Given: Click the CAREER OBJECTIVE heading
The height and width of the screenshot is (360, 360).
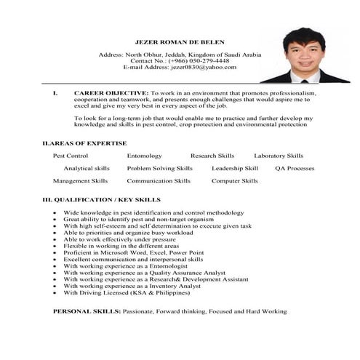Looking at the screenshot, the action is tap(111, 94).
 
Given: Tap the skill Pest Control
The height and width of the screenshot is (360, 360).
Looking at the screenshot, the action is tap(71, 156).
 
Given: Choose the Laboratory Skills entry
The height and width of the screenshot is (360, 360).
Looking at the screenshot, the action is tap(279, 156).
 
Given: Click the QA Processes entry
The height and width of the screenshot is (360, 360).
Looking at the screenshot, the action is tap(295, 168).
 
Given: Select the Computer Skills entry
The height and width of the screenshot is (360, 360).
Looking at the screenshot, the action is tap(234, 180).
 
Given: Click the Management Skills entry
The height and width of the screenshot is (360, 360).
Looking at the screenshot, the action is tap(80, 180).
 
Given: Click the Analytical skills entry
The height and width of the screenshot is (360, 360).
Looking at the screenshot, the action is tap(87, 168).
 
